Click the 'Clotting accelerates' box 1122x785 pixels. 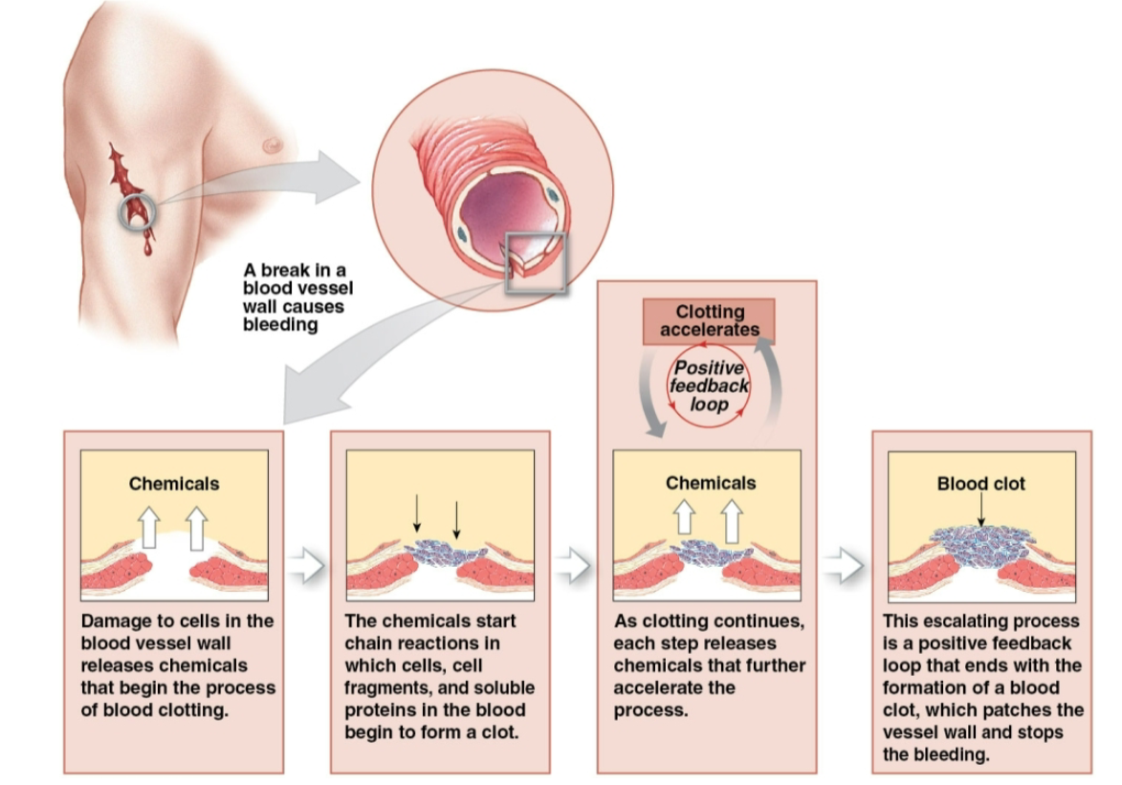tap(709, 320)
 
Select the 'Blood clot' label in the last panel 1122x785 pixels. tap(980, 484)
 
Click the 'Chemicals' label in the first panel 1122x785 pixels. tap(174, 484)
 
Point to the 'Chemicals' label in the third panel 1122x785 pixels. tap(710, 484)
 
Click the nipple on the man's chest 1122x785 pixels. tap(274, 144)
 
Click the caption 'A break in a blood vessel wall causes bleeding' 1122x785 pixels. tap(294, 297)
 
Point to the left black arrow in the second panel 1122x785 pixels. tap(417, 516)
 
